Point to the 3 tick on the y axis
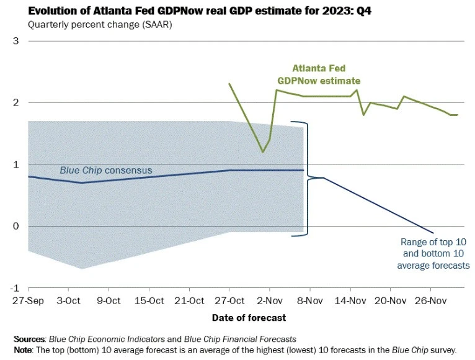[16, 41]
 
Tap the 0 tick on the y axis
[16, 226]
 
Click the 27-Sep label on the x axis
[28, 302]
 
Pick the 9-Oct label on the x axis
[109, 302]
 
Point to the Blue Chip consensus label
[105, 170]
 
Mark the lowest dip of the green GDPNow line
[263, 151]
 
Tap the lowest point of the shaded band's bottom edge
[82, 269]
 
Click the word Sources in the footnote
[30, 339]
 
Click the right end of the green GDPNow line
[458, 115]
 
